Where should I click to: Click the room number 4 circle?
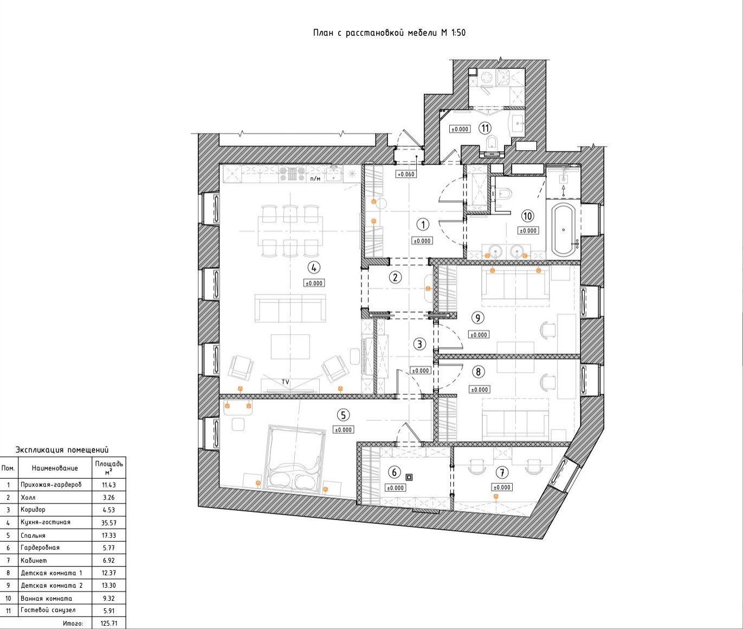coord(314,267)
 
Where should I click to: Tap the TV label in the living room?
coord(286,382)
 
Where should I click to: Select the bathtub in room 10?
coord(563,230)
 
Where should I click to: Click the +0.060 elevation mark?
coord(406,175)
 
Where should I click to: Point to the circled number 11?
coord(485,128)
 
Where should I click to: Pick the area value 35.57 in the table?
coord(108,523)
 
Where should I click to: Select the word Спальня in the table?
coord(33,536)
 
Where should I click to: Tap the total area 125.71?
coord(109,623)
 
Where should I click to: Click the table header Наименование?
coord(55,468)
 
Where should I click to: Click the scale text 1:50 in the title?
coord(458,33)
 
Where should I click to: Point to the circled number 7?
coord(502,472)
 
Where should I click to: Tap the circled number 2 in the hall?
coord(396,277)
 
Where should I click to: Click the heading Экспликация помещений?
coord(62,450)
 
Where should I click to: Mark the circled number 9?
coord(477,318)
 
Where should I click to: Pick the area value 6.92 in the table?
coord(108,560)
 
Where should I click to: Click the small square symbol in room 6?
coord(409,477)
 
